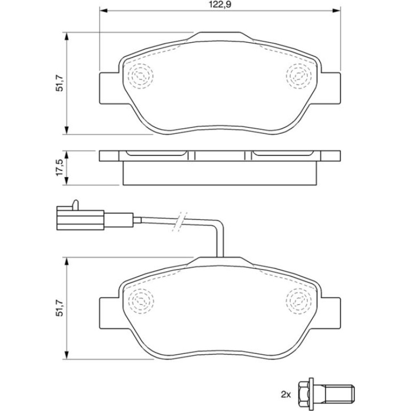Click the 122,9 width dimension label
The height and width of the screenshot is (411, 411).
tap(220, 4)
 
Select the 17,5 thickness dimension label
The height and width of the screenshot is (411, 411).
tap(59, 168)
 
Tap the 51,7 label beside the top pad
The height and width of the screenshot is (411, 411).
tap(59, 83)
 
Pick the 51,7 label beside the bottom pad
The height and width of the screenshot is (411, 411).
tap(59, 308)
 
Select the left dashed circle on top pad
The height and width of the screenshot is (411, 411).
tap(140, 76)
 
